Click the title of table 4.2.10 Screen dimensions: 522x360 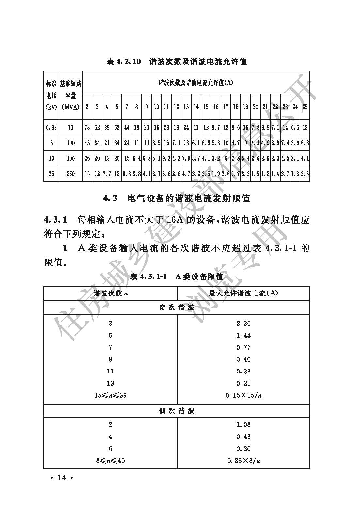click(x=177, y=61)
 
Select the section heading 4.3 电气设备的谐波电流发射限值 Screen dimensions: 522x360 click(x=177, y=198)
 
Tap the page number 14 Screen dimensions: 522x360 click(x=61, y=478)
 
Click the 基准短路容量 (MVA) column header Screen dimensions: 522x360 click(x=70, y=95)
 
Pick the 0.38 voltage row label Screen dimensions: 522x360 click(x=51, y=127)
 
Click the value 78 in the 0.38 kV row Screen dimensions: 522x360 click(x=87, y=127)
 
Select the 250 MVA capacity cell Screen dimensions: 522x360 click(x=70, y=174)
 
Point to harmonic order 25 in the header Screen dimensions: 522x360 click(x=305, y=107)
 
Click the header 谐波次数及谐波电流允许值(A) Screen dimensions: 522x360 click(x=196, y=83)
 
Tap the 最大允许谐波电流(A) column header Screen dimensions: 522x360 click(x=243, y=293)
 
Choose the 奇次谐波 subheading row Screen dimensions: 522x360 click(x=177, y=308)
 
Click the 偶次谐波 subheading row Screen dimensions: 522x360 click(x=177, y=411)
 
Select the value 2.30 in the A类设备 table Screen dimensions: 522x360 click(x=243, y=324)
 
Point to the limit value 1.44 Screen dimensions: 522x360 click(x=243, y=336)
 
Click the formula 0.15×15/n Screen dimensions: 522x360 click(x=243, y=395)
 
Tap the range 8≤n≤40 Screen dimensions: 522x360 click(x=110, y=461)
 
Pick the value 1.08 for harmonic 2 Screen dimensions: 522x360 click(x=243, y=425)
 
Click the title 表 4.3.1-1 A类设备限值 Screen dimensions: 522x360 click(x=177, y=277)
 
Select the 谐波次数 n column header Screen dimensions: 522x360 click(x=110, y=293)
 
